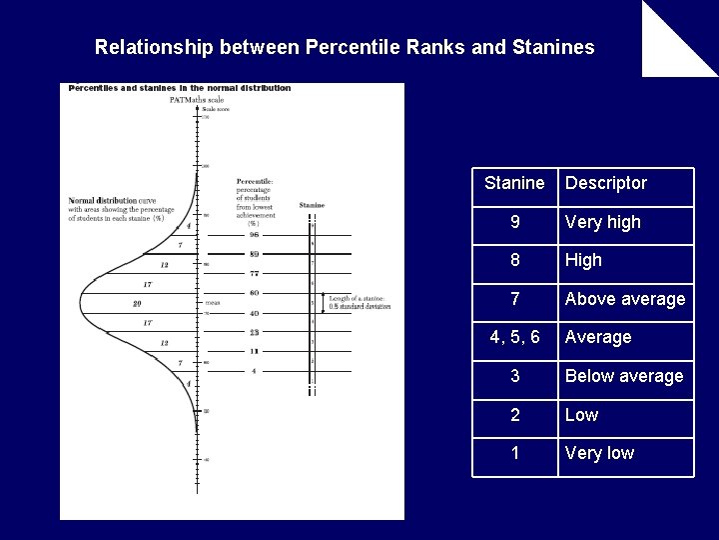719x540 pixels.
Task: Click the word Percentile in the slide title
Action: pos(348,47)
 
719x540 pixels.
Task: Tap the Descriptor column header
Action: pos(605,183)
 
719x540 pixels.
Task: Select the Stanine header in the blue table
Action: pos(514,183)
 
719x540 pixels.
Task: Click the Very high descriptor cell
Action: pos(603,222)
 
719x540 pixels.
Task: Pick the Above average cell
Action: pos(625,299)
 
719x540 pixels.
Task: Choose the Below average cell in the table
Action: pos(624,376)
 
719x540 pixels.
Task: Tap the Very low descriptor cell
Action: pos(599,453)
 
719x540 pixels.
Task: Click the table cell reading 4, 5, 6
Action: pos(514,337)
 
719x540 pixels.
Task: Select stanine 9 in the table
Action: pos(514,222)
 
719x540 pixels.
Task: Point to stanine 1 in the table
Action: pos(514,453)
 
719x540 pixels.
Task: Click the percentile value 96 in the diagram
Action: pos(254,235)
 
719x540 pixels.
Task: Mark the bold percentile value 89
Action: pos(254,254)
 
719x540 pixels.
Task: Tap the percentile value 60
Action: pos(254,293)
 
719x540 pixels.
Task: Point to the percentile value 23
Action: pos(254,332)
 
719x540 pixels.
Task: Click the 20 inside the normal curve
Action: pos(137,303)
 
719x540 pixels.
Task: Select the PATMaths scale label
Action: pos(190,100)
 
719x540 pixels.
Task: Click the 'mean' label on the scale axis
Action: pos(212,302)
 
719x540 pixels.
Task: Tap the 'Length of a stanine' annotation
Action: pos(359,302)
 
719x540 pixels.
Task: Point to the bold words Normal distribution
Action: pos(103,200)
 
